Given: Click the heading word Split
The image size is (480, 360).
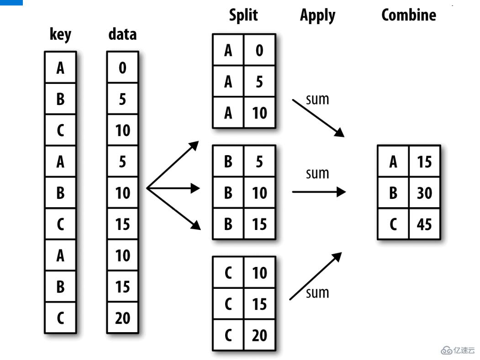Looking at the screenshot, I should (243, 15).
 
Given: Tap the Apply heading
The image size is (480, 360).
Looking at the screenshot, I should (317, 16).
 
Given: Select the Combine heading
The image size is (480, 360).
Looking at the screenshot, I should (408, 15).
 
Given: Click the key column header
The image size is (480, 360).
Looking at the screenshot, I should (60, 35).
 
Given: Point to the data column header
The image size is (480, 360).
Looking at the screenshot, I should (122, 34).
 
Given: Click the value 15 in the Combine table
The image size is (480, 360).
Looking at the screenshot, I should (424, 162).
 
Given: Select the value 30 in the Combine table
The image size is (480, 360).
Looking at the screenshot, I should (424, 193).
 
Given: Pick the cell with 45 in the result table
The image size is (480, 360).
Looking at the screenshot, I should (424, 224).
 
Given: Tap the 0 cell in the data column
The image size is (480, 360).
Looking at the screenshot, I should (122, 68).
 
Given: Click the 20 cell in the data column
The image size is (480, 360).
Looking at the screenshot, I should (122, 318).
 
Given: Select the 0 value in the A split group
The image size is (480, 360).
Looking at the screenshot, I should (259, 50).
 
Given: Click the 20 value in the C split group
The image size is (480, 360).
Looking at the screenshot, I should (259, 335).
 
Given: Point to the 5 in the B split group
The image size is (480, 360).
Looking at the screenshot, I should (259, 162).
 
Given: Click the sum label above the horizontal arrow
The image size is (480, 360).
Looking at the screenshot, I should (317, 173).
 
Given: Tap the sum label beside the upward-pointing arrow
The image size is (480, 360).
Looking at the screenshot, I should (317, 292).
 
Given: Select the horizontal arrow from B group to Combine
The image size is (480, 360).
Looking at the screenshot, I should (318, 192).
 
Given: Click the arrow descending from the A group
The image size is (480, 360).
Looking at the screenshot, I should (318, 118).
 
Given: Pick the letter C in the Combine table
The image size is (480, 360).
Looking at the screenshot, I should (393, 224).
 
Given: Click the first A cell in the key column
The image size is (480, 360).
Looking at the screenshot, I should (60, 68).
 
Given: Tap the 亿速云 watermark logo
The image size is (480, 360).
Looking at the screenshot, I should (458, 350).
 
